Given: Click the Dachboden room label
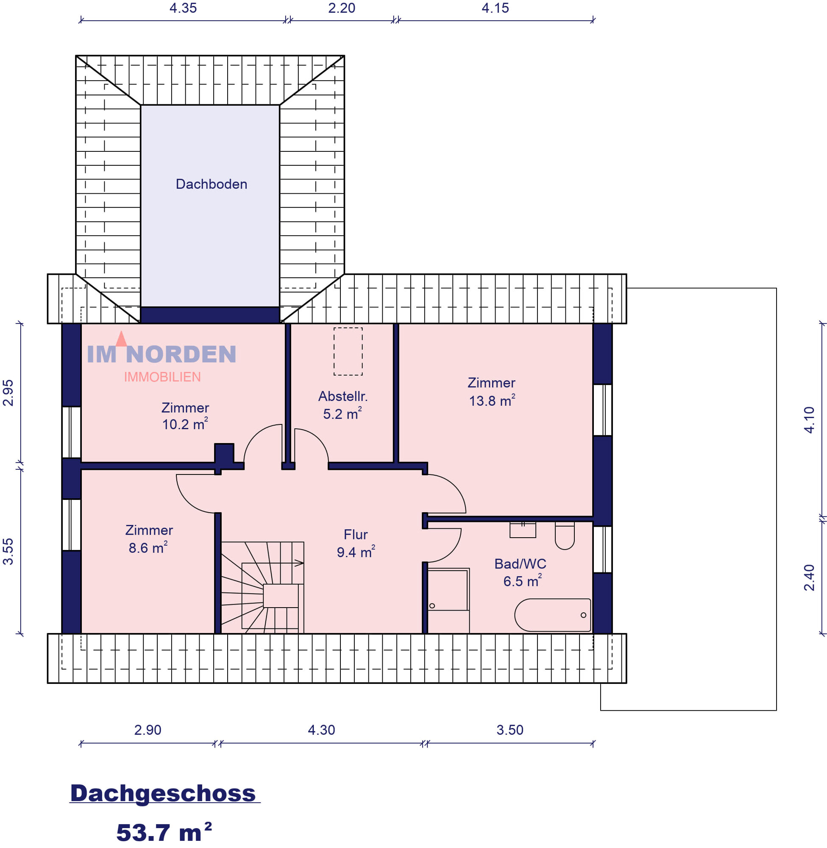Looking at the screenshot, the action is click(212, 184).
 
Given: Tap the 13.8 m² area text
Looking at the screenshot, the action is click(492, 401).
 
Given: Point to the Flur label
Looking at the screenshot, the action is click(355, 534).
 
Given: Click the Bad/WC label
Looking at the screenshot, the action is click(520, 564).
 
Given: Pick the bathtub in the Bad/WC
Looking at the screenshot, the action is click(552, 615).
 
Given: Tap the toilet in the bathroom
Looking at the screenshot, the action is click(565, 536).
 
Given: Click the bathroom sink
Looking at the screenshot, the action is click(523, 530).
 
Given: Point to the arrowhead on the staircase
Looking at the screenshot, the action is click(299, 563).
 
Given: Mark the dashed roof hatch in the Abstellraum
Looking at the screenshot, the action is click(348, 351).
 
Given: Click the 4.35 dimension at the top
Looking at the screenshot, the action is click(183, 8).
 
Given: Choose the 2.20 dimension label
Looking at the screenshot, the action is click(341, 8).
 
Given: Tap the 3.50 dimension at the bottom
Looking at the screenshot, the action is click(510, 730).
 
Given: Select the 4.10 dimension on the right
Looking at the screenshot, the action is click(809, 420).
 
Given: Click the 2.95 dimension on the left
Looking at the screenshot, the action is click(8, 393).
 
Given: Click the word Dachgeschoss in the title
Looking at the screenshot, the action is click(163, 793).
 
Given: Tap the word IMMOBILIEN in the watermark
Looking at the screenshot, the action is click(162, 377).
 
